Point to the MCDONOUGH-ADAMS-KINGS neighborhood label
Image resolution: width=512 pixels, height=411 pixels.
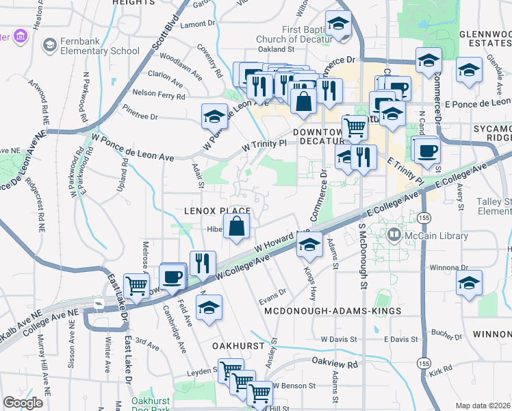(x=333, y=311)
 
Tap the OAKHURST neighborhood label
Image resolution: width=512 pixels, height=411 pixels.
(x=238, y=346)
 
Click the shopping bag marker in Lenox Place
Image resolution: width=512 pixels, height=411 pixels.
(x=236, y=226)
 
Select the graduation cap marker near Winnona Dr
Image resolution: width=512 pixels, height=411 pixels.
(x=469, y=282)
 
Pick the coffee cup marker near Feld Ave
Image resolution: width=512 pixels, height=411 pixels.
(x=172, y=277)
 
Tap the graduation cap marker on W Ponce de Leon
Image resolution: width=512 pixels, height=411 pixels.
(x=215, y=116)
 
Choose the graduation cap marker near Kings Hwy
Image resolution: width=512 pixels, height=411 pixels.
(x=309, y=244)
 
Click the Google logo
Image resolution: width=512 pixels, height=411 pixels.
(x=23, y=403)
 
